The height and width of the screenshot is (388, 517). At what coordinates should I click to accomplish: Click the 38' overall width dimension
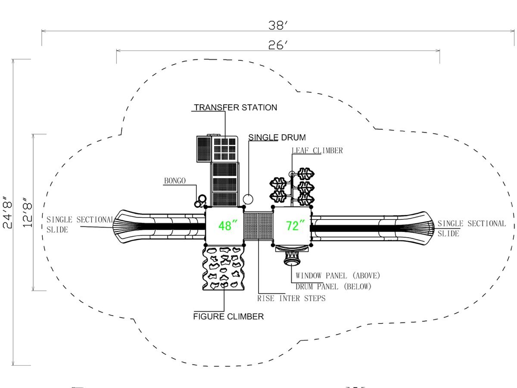coord(278,25)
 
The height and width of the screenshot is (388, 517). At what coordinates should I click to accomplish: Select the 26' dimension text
coord(278,45)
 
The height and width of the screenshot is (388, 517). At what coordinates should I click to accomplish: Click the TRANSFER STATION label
coord(236,107)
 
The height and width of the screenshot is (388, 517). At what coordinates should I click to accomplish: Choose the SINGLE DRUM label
coord(277,138)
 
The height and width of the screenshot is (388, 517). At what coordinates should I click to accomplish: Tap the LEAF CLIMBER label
coord(317,150)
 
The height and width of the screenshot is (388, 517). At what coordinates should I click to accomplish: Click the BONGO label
coord(175,181)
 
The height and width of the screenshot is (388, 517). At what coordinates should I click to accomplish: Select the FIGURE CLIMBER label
coord(228,316)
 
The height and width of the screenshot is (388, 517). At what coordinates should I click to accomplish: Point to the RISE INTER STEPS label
coord(291,298)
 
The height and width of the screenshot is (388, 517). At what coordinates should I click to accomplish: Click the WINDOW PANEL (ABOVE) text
coord(338,275)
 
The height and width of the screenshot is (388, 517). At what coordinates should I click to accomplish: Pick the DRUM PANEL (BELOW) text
coord(333,287)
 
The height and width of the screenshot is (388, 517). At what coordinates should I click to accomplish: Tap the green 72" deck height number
coord(296,225)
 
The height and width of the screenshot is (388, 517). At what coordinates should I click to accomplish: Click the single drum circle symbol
coord(248,200)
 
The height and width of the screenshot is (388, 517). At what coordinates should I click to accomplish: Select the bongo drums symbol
coord(200,201)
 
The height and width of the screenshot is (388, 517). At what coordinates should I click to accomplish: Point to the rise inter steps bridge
coord(258,226)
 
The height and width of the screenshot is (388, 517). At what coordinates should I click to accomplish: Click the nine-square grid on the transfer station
coord(225,149)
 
